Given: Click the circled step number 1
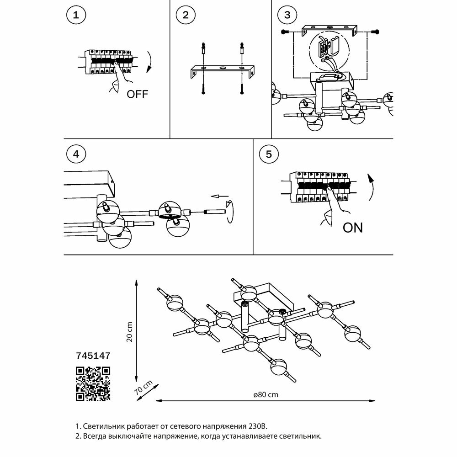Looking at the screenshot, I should click(76, 15).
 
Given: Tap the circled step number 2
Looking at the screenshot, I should click(185, 15).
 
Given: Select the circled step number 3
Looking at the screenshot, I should click(287, 15).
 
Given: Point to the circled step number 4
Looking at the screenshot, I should click(76, 154).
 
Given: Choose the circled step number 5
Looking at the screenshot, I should click(268, 154).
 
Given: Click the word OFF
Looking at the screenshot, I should click(138, 95).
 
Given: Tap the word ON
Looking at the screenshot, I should click(352, 228).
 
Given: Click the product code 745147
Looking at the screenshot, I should click(92, 354).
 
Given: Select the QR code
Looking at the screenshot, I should click(92, 383).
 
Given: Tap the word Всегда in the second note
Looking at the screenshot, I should click(94, 436).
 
